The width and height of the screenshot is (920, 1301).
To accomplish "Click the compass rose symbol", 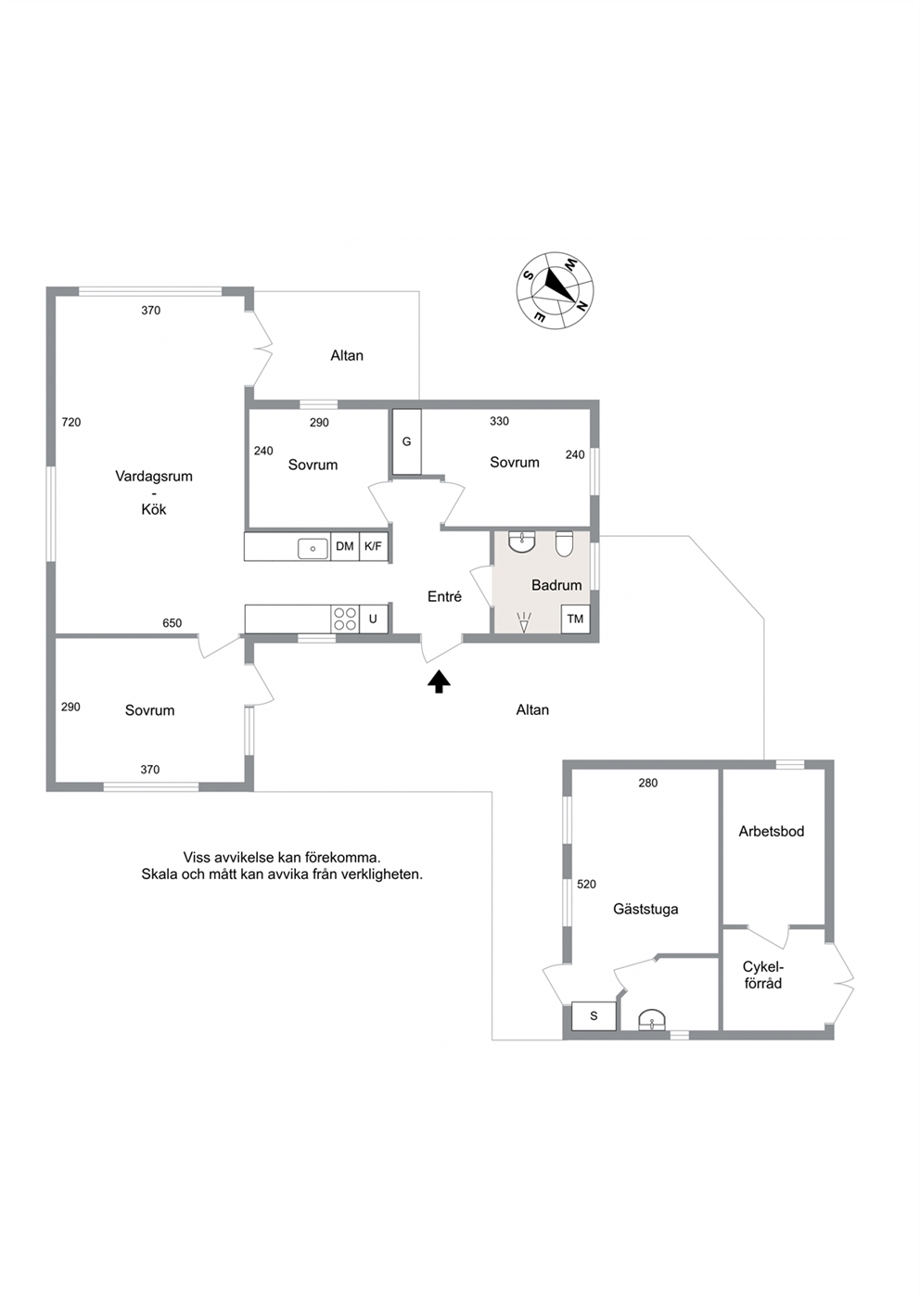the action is [555, 290].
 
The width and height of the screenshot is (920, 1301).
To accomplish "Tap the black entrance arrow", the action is [439, 682].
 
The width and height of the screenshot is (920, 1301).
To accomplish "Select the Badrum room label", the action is [556, 585].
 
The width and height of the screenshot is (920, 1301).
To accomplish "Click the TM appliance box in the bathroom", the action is [575, 619].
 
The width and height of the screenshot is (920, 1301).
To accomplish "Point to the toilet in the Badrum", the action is [564, 543].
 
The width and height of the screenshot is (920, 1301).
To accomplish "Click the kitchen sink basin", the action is [313, 548].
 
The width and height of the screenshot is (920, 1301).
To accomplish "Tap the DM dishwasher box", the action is [345, 546].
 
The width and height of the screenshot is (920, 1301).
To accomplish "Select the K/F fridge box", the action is [373, 546].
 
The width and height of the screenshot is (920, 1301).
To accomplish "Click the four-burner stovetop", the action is [345, 619].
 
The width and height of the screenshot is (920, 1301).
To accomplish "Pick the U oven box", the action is [373, 619].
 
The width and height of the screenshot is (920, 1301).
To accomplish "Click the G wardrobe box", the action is [406, 442].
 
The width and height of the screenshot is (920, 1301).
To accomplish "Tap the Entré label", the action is [444, 596].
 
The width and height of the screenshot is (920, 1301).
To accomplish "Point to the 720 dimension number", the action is [71, 422].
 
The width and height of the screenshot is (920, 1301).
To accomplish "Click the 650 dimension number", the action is [172, 623].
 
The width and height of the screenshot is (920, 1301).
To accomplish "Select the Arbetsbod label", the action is [772, 831].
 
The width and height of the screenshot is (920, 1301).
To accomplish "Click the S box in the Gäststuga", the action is [594, 1015].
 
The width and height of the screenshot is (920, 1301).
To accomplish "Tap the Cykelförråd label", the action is [763, 976].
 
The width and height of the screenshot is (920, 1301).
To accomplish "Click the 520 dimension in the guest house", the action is [587, 884].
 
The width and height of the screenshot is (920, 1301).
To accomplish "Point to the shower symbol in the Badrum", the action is [524, 622].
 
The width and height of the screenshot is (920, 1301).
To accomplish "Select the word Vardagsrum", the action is [154, 477].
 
